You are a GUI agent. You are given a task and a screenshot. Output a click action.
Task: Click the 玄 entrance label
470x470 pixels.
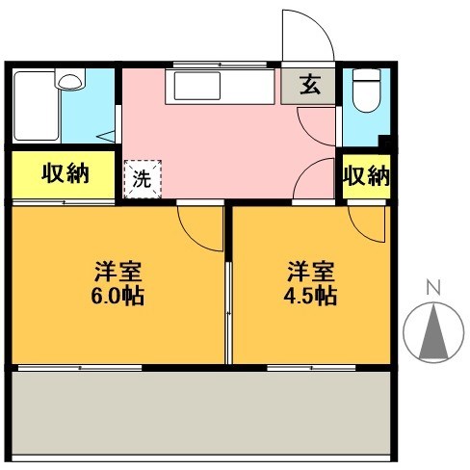point(310,86)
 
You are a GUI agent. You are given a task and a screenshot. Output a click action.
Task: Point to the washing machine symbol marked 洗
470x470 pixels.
point(142,178)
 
